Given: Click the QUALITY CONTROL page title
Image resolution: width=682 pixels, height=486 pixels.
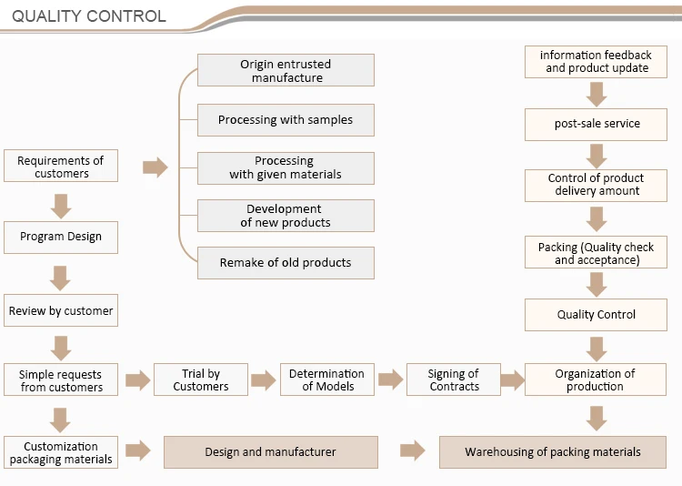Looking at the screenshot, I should [89, 16].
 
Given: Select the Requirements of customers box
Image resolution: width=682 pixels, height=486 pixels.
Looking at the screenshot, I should [61, 167].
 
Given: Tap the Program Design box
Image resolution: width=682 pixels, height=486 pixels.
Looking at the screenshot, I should [61, 237].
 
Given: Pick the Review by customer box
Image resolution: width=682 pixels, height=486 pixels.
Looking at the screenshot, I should [61, 311].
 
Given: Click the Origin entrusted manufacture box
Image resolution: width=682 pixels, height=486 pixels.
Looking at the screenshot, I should [286, 71].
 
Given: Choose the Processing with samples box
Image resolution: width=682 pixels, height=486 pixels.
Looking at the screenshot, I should [286, 120].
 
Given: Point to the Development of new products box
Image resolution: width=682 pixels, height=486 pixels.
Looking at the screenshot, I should [286, 216].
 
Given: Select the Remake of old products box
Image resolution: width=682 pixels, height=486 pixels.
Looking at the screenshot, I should [286, 263].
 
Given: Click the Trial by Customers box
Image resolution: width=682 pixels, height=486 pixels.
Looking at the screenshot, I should [201, 380].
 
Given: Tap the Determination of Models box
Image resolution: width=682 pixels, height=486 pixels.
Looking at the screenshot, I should [326, 380].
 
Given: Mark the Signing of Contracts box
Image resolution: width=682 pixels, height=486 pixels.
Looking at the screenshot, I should [454, 380].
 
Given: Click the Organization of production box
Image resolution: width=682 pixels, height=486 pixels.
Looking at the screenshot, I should [596, 380].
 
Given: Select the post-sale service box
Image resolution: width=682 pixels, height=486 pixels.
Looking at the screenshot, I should [597, 124].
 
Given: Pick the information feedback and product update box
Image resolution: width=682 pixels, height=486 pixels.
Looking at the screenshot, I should [597, 62].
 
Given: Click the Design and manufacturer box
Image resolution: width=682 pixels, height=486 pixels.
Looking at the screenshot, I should [270, 452].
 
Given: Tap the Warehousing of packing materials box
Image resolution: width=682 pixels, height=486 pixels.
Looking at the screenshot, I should [553, 452].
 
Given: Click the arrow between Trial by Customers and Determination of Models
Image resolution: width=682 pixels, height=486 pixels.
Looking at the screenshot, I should [264, 380].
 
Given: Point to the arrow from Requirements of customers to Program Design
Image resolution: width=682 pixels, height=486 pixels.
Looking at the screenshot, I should [61, 206].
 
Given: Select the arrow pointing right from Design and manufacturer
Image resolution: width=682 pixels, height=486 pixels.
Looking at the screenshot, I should [412, 451].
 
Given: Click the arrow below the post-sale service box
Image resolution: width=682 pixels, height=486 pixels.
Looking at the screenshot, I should [597, 156].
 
